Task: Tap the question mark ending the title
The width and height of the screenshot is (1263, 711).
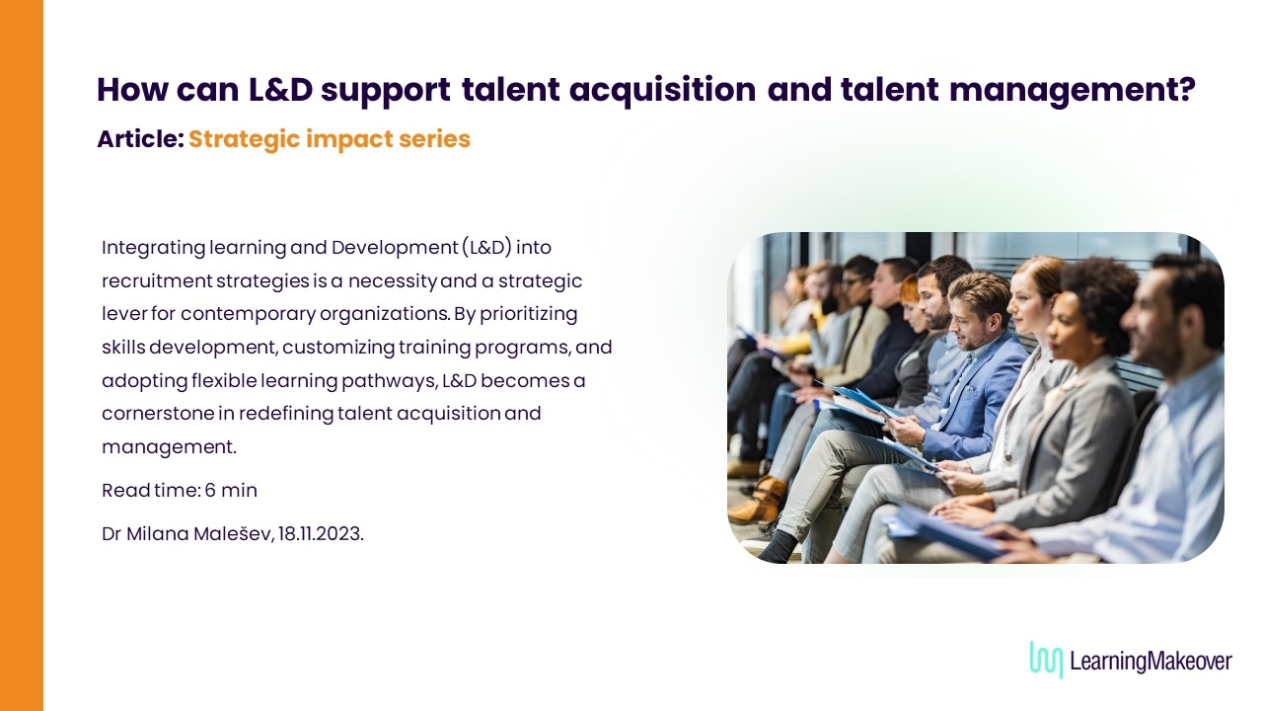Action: click(x=1186, y=88)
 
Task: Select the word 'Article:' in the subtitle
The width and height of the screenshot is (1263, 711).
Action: click(x=140, y=139)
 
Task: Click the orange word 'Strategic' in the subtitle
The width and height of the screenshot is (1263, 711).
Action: click(x=244, y=140)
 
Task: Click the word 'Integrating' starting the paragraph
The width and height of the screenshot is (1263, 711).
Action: click(x=153, y=248)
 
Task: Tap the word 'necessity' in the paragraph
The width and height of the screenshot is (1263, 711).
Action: click(x=393, y=281)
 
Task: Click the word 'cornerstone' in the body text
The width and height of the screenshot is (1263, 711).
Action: click(x=158, y=414)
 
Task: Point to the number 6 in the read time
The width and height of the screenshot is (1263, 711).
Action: click(x=210, y=490)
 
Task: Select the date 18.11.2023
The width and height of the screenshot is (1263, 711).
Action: click(x=321, y=534)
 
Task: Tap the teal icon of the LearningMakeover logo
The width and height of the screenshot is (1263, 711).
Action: click(x=1046, y=659)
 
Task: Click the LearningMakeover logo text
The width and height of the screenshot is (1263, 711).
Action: click(x=1151, y=661)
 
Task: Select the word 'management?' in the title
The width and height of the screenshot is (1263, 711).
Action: click(x=1073, y=90)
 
